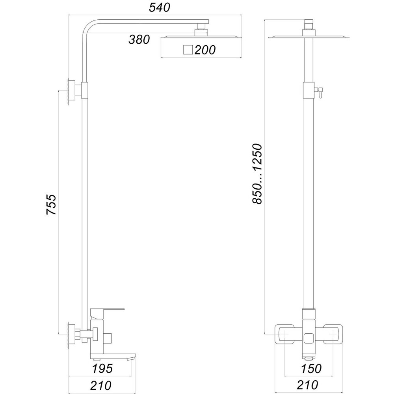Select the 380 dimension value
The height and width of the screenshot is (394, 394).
pyautogui.click(x=139, y=39)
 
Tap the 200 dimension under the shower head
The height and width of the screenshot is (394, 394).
pyautogui.click(x=204, y=50)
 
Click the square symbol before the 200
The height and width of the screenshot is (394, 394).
pyautogui.click(x=188, y=50)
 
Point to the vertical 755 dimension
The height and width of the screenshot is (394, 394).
pyautogui.click(x=52, y=204)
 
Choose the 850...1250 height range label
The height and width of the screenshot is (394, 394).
pyautogui.click(x=257, y=174)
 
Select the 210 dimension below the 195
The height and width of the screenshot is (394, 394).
pyautogui.click(x=100, y=385)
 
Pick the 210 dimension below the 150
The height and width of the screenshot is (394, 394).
pyautogui.click(x=310, y=385)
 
